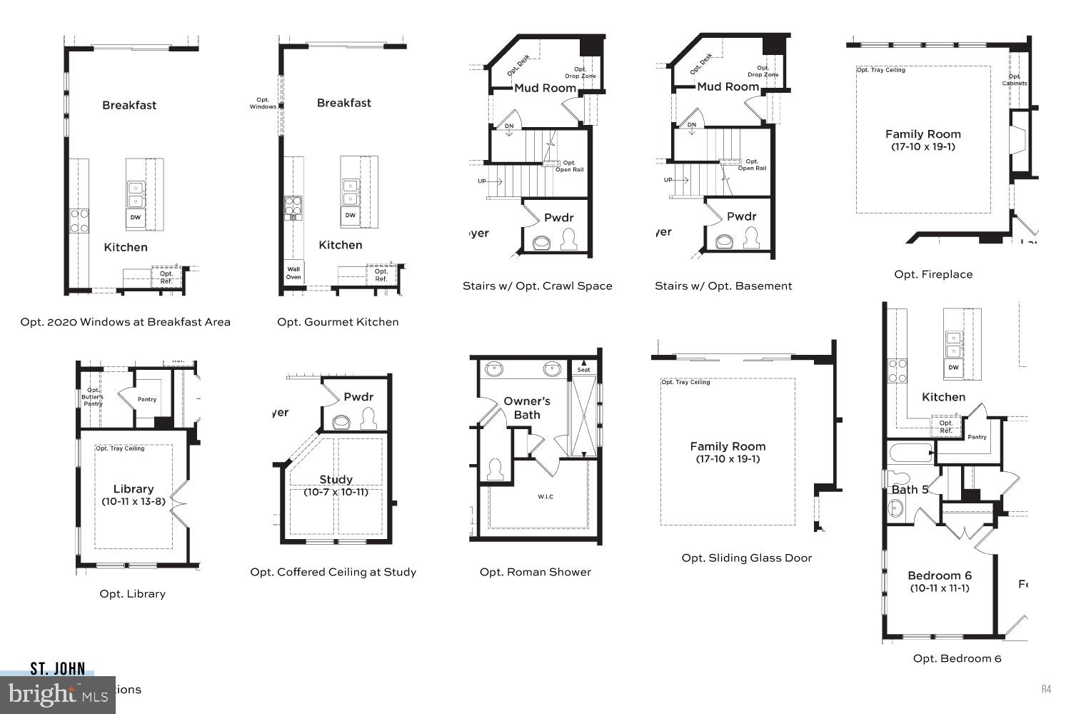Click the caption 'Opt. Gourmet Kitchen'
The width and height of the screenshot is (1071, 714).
[x=338, y=322]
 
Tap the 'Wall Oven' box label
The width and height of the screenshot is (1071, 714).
[x=293, y=272]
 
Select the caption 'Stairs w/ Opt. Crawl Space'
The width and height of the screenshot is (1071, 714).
[x=537, y=286]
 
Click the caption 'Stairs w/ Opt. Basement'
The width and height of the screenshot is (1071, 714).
[x=723, y=286]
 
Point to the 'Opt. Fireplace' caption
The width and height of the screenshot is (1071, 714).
[x=933, y=274]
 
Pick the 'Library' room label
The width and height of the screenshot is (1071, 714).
[x=134, y=489]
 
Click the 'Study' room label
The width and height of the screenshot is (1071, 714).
[x=336, y=480]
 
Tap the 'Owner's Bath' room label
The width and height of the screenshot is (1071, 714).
[x=527, y=408]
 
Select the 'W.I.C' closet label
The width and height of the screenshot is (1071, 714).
[x=545, y=497]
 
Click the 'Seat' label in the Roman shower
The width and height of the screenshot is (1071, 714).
[x=583, y=370]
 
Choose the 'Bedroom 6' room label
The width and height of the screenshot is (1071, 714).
[x=940, y=575]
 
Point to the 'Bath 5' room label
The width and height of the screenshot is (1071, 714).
[x=910, y=490]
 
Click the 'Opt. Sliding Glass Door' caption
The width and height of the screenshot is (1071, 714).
[x=746, y=558]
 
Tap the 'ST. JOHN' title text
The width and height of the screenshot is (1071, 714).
[x=58, y=669]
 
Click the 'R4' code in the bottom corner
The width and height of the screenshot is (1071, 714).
[x=1046, y=689]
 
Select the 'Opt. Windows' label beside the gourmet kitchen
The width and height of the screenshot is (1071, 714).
[x=263, y=104]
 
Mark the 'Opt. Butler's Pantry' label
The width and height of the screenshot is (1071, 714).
[x=93, y=397]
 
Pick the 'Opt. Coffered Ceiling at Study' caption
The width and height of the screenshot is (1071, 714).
[x=333, y=572]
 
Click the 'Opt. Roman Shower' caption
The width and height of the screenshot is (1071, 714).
[x=535, y=572]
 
